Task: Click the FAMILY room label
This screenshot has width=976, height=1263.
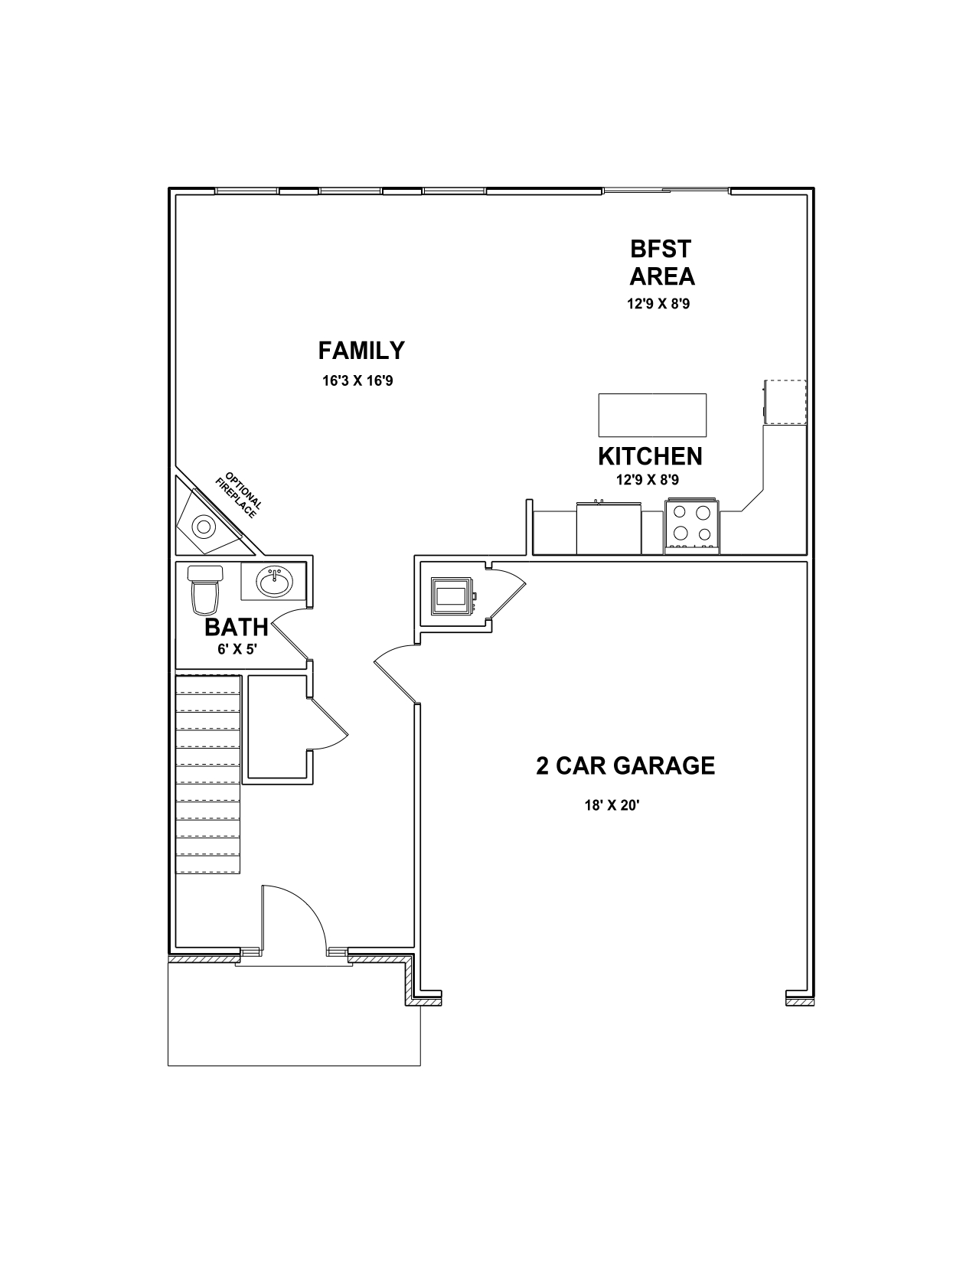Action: click(361, 351)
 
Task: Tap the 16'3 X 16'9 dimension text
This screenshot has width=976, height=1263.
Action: click(357, 381)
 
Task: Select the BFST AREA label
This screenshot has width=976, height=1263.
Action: click(661, 263)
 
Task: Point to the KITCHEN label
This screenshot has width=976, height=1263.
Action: click(650, 457)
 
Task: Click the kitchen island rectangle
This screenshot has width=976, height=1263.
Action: click(652, 415)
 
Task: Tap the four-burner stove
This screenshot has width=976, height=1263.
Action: click(692, 525)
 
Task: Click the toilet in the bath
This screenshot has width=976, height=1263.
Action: click(204, 590)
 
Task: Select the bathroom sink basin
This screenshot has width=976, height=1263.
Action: click(274, 582)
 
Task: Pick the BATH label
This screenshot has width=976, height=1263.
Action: click(236, 628)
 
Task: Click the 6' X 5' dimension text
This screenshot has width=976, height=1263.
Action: click(237, 649)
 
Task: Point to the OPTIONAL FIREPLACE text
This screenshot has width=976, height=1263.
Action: click(239, 494)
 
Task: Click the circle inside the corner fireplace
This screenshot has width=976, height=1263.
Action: click(204, 527)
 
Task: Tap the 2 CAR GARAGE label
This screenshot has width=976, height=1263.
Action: click(625, 765)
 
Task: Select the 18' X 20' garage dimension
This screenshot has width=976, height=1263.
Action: click(612, 805)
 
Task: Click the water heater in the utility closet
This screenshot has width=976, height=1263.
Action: click(452, 596)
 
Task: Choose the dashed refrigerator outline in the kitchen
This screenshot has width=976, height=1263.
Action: click(785, 402)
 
